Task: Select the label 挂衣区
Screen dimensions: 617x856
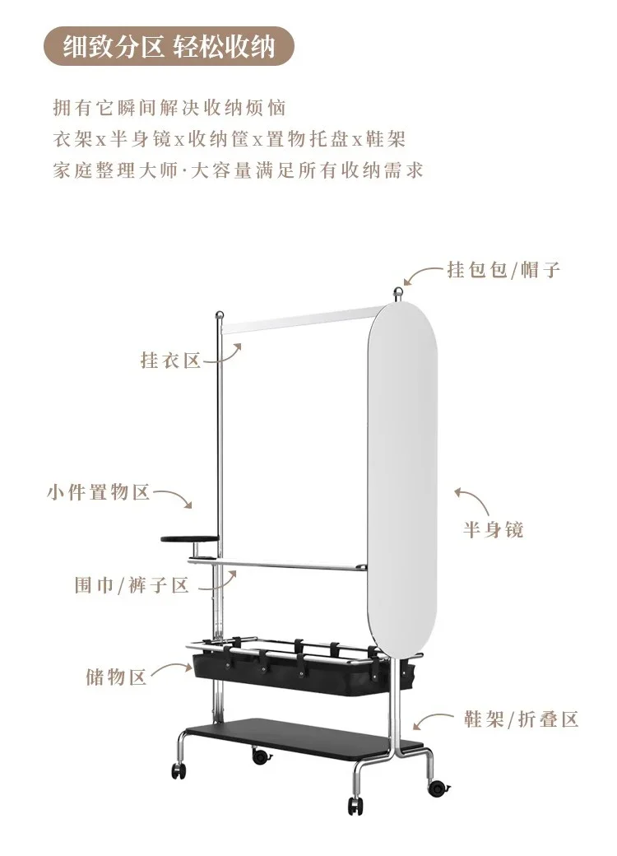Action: (x=171, y=361)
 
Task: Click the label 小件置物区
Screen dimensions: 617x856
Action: (x=98, y=493)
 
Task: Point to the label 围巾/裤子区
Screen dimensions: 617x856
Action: (x=132, y=585)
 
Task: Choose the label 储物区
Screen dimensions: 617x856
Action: (x=116, y=677)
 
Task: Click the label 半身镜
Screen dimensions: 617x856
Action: (x=493, y=529)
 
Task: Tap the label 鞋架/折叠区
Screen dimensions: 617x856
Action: (x=520, y=719)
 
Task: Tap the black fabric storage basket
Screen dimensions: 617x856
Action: (x=288, y=671)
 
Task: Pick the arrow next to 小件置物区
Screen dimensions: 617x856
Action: (x=174, y=497)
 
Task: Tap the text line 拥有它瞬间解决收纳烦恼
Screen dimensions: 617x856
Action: (x=169, y=108)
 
